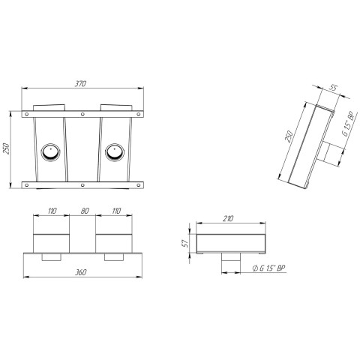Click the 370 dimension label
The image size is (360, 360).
click(80, 84)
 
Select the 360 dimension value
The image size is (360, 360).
click(81, 272)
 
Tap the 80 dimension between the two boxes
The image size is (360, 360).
click(85, 211)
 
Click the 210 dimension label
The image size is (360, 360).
click(228, 219)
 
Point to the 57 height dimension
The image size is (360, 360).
click(185, 244)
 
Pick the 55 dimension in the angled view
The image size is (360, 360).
click(334, 88)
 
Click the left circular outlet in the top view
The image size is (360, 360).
click(50, 152)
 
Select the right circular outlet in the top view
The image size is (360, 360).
click(115, 152)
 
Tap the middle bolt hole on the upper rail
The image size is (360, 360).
click(82, 114)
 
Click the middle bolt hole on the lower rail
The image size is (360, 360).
click(82, 185)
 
